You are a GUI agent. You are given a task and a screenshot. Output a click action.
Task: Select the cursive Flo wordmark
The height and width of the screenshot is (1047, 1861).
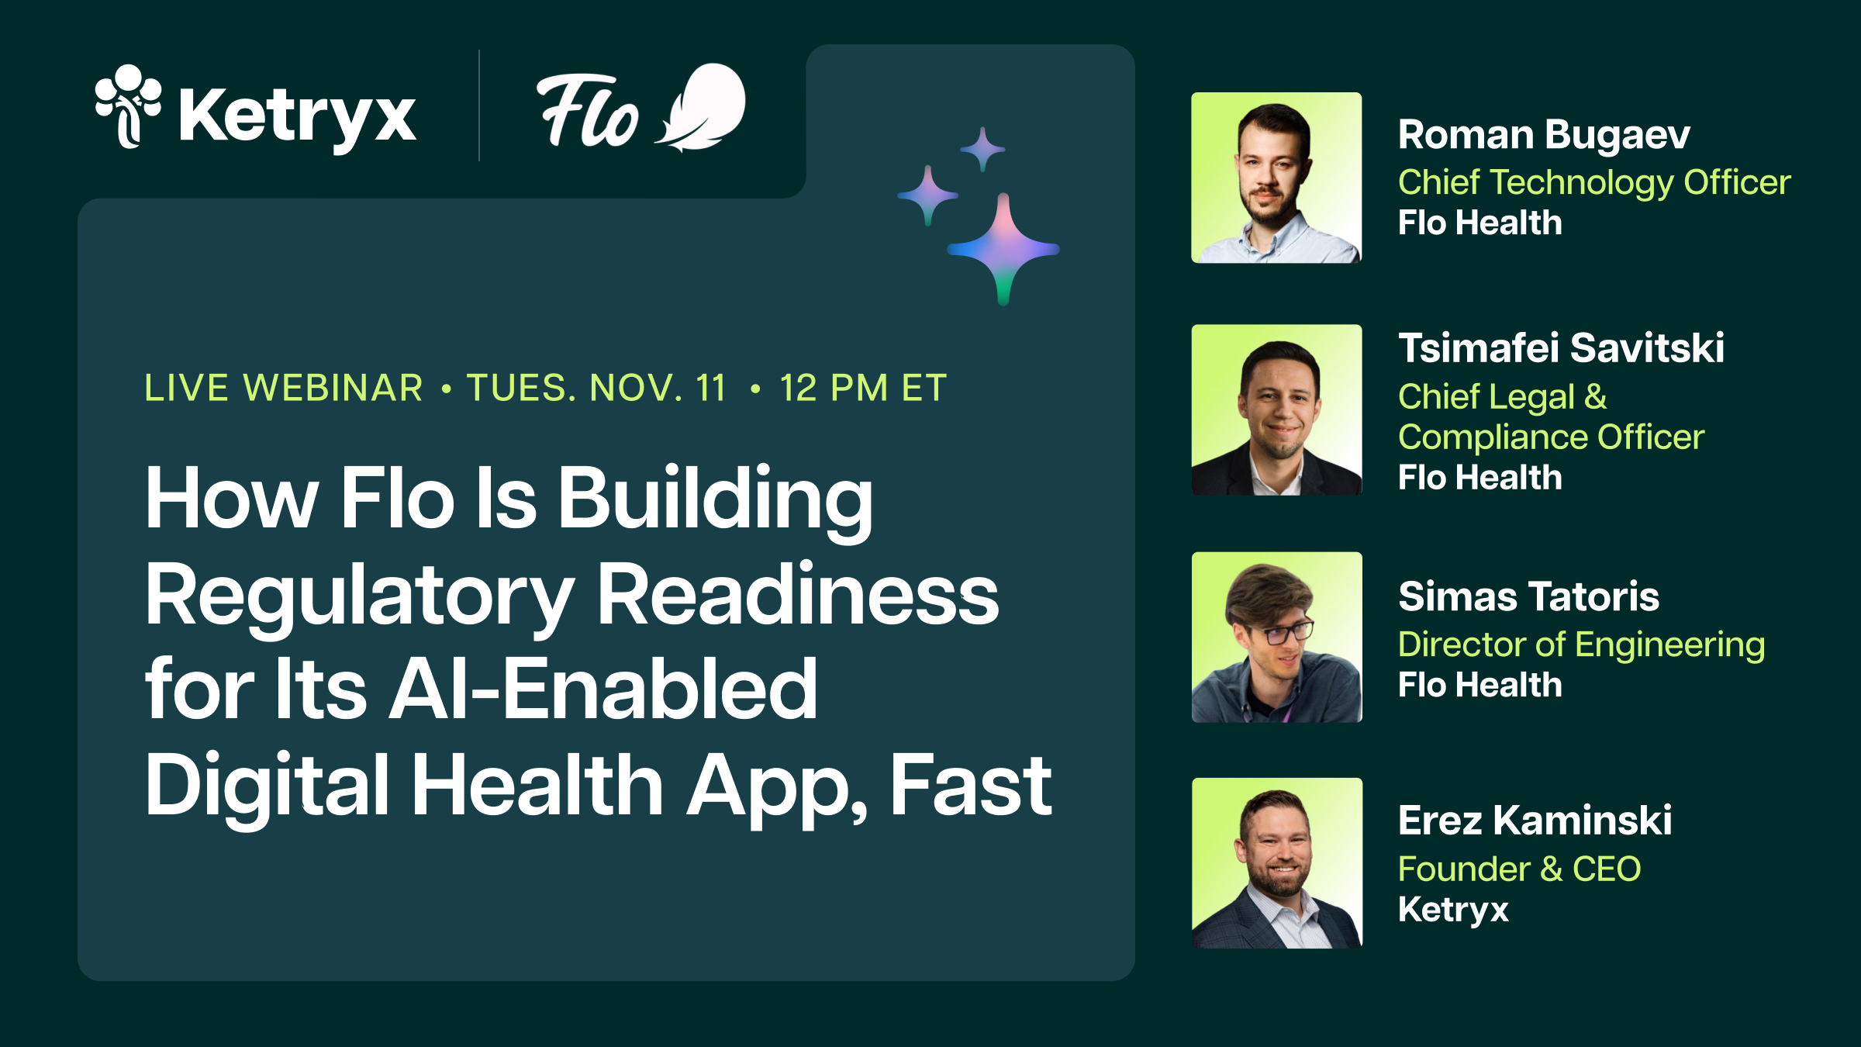click(587, 110)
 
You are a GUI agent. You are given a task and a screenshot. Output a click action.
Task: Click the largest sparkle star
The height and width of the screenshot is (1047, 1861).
click(1003, 249)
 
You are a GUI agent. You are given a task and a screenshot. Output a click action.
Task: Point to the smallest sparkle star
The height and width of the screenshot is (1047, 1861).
click(982, 148)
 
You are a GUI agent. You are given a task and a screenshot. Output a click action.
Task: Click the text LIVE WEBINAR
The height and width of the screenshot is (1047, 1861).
click(284, 388)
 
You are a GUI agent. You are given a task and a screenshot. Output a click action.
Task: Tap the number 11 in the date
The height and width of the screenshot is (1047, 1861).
click(710, 388)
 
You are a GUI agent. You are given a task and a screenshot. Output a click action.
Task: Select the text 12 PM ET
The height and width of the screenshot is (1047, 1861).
click(863, 388)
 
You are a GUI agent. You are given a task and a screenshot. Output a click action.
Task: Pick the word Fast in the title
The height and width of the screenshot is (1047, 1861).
click(970, 786)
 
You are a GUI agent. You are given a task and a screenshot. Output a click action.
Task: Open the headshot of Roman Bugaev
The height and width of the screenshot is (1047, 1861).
click(1276, 178)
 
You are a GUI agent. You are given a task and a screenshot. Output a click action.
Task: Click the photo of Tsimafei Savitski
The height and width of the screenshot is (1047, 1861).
click(1276, 409)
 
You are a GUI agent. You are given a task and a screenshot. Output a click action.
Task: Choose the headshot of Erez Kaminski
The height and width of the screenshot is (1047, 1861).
click(1276, 862)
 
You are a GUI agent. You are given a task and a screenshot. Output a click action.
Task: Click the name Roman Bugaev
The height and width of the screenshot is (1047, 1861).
click(1544, 135)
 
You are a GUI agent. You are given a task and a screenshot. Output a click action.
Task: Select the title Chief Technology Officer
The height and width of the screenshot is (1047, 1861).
click(1594, 183)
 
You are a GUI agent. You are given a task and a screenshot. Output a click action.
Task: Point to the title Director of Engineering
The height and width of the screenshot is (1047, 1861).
click(1581, 644)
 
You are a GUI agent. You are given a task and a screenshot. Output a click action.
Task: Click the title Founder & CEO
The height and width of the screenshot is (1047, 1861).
click(1519, 869)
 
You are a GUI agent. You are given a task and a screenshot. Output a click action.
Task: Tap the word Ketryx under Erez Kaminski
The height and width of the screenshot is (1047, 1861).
click(1453, 910)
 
